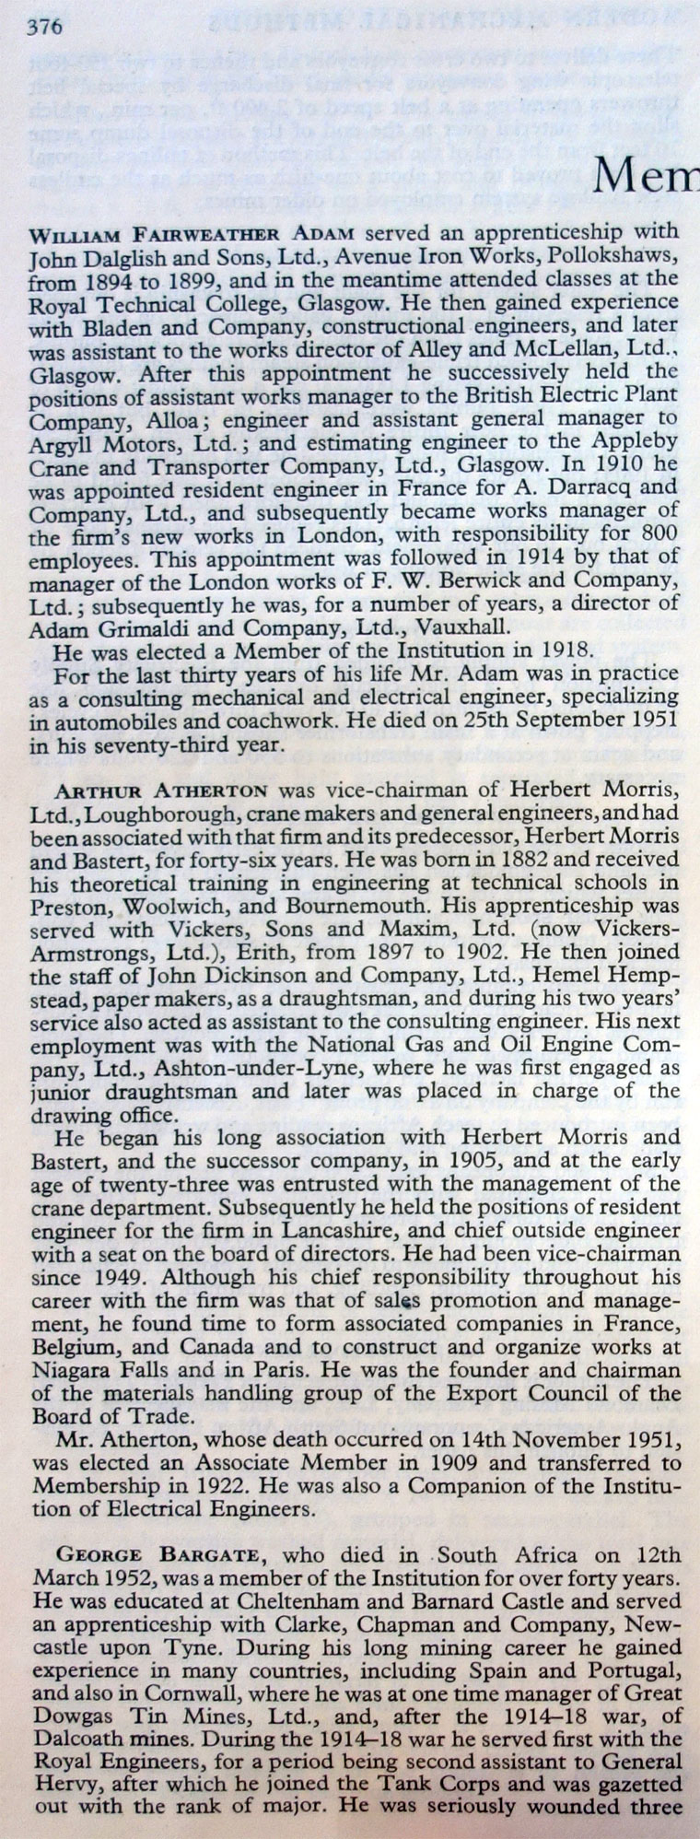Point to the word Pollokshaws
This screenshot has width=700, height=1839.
click(619, 253)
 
